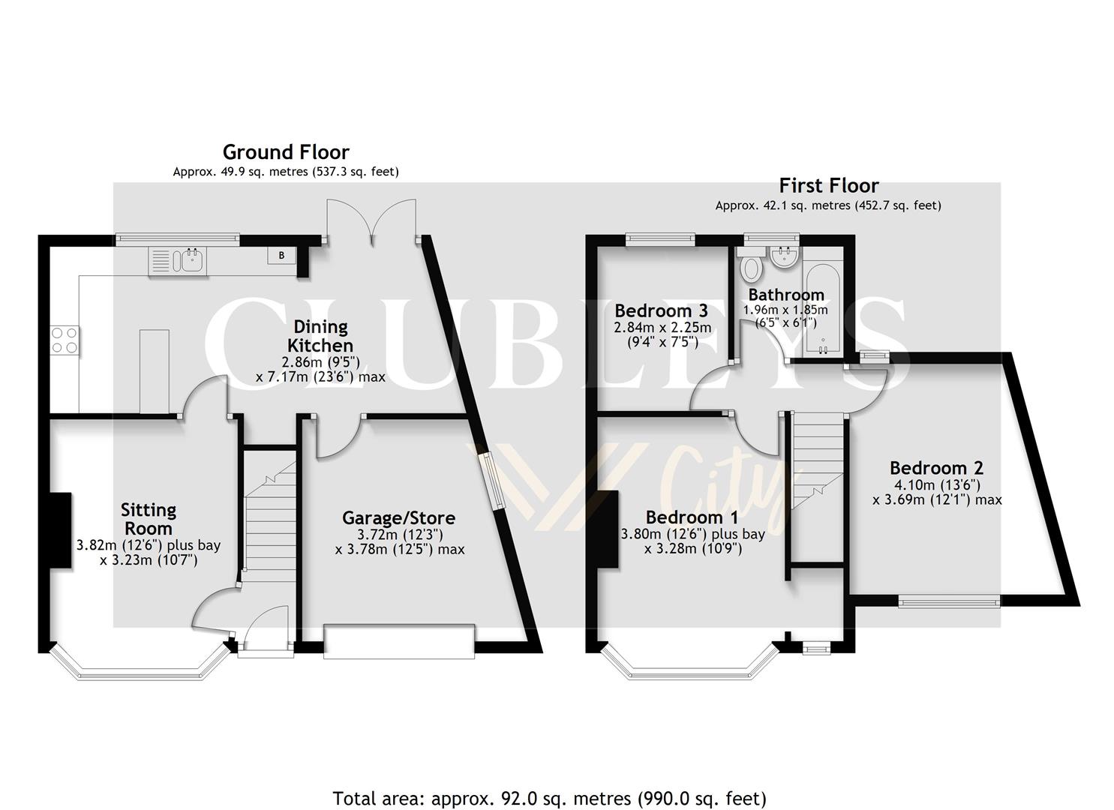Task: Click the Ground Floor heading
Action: pyautogui.click(x=286, y=152)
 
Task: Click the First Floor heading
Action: pyautogui.click(x=828, y=185)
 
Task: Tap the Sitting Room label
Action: pyautogui.click(x=149, y=519)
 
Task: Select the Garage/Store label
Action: pyautogui.click(x=398, y=517)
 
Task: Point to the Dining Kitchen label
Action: pyautogui.click(x=321, y=336)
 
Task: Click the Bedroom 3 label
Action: pyautogui.click(x=661, y=310)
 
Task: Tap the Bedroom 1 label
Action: pyautogui.click(x=692, y=517)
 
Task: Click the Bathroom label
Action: pyautogui.click(x=785, y=295)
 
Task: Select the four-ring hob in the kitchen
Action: pyautogui.click(x=64, y=340)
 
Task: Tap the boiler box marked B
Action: pyautogui.click(x=282, y=256)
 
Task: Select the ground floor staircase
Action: pyautogui.click(x=268, y=517)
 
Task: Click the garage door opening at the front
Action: pyautogui.click(x=399, y=641)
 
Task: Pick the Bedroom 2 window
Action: pyautogui.click(x=949, y=600)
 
